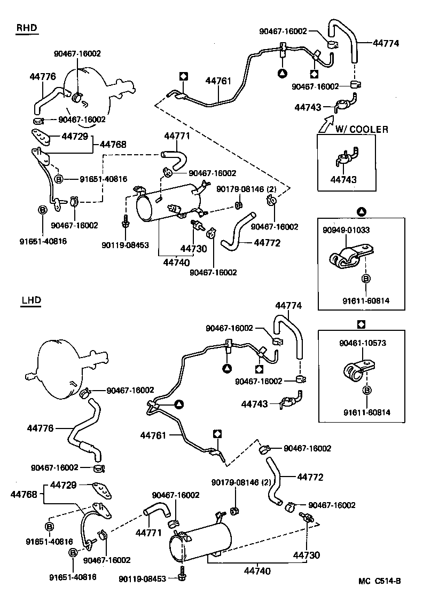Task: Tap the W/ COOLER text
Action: tap(362, 129)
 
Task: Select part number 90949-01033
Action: tap(346, 230)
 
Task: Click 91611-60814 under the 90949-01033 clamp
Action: tap(366, 301)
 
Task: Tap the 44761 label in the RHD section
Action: tap(218, 81)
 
